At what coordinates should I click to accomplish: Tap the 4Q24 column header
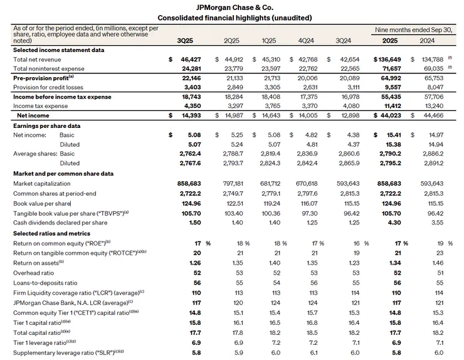tap(307, 40)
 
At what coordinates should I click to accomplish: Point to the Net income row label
tap(32, 115)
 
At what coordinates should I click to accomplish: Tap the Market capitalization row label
tap(43, 183)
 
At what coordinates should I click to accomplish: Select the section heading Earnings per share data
tap(44, 125)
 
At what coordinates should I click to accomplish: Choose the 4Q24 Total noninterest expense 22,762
tap(307, 68)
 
